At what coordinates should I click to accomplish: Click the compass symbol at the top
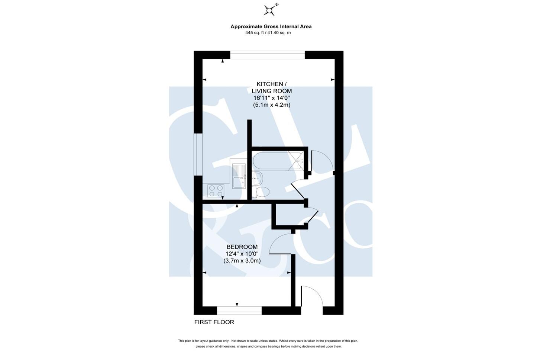269,10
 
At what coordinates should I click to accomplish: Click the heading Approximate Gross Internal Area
271,26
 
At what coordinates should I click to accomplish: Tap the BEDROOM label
242,247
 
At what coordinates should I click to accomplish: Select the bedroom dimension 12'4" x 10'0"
242,254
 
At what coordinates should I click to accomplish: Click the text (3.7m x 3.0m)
242,261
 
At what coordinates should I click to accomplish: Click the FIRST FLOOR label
214,322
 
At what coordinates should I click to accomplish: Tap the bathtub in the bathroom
278,161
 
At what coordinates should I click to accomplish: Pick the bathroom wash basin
257,179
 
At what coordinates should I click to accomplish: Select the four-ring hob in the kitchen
216,191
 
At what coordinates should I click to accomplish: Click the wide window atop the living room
268,55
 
